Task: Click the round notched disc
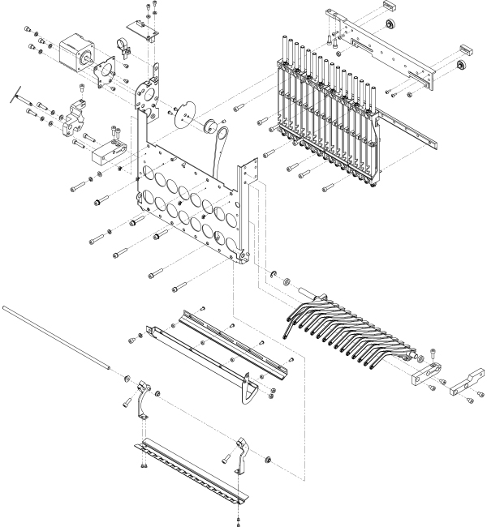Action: pos(184,114)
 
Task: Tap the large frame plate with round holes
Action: pos(191,207)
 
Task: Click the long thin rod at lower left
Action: pos(57,337)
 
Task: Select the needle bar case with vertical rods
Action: pos(325,114)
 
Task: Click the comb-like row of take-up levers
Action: pos(349,328)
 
